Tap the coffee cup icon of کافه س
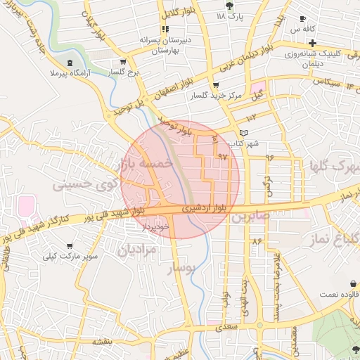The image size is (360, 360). point(302,19)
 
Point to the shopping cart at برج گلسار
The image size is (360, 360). point(124,61)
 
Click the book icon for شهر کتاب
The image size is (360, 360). point(244,133)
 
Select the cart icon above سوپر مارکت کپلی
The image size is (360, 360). point(69,245)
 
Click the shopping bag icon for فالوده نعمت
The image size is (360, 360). point(353,284)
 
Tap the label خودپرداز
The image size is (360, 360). point(156,226)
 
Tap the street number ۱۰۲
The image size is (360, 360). point(251,117)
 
